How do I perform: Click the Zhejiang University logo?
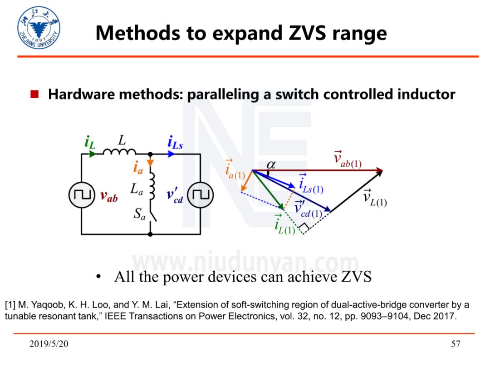point(39,28)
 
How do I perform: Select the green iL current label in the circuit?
point(89,142)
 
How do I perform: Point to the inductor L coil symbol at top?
point(119,153)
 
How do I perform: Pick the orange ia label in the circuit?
point(138,168)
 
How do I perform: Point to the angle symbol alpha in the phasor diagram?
point(271,164)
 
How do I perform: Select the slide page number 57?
point(456,344)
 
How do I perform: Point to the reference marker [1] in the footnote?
point(10,304)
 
